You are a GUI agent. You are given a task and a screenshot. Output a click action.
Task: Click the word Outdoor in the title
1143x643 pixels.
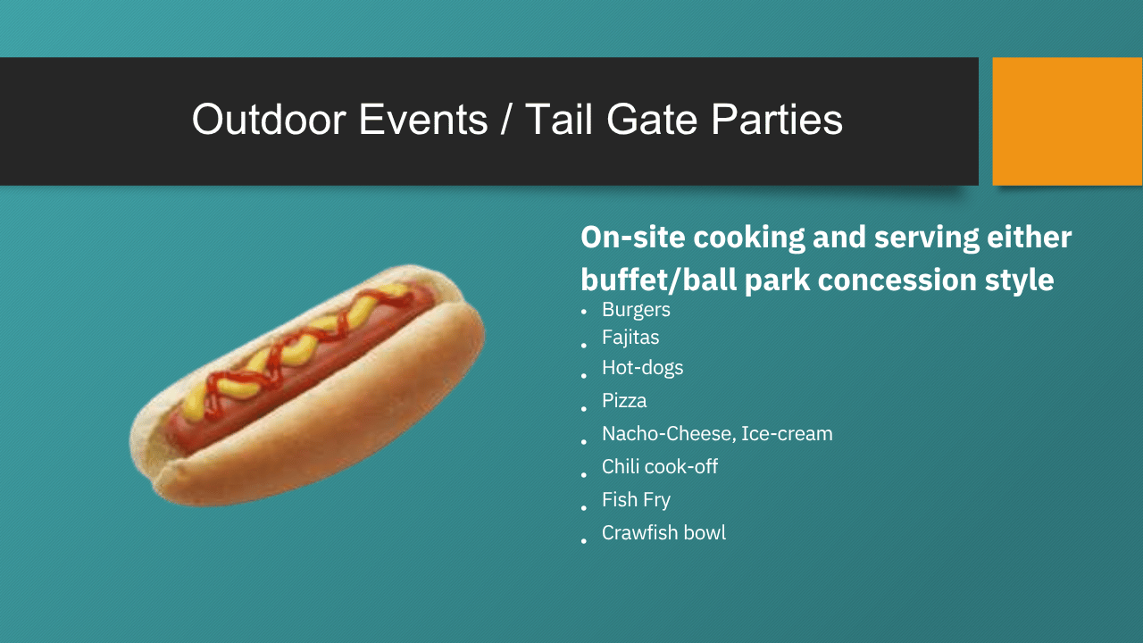[x=269, y=120]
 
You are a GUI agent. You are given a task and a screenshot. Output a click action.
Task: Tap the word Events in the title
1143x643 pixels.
[x=423, y=120]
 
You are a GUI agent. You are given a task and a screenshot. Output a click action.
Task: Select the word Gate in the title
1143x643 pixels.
[x=652, y=120]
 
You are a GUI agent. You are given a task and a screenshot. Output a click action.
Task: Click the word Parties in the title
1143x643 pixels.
[x=777, y=121]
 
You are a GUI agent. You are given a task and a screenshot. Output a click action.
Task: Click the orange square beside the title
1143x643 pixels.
[x=1067, y=121]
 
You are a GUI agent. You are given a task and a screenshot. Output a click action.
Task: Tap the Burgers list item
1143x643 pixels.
[x=636, y=310]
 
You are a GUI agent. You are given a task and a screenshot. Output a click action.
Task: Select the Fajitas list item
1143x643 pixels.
[x=630, y=338]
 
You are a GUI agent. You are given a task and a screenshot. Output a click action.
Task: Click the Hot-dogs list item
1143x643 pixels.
[x=642, y=368]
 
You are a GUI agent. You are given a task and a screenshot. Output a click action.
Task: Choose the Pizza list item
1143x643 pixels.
[x=624, y=401]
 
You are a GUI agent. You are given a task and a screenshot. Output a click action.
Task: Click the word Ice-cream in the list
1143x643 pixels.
[x=787, y=434]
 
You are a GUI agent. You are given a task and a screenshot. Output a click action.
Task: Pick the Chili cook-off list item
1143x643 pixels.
[x=660, y=466]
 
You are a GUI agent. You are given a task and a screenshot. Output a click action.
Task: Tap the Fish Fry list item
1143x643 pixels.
[x=636, y=500]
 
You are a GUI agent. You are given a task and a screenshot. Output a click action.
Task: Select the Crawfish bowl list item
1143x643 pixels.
[x=663, y=533]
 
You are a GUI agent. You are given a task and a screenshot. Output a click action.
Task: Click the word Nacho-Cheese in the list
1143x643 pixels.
[x=669, y=434]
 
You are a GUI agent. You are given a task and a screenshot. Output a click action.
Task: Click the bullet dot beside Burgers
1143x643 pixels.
[x=584, y=312]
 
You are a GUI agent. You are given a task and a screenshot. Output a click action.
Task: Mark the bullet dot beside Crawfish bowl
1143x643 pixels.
[x=584, y=541]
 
